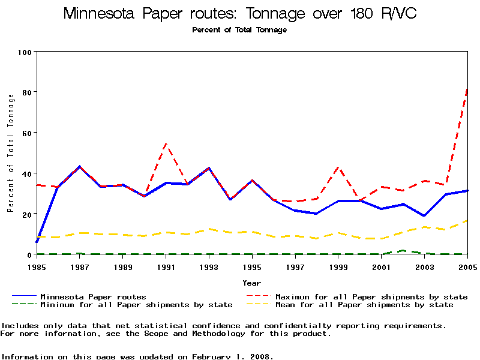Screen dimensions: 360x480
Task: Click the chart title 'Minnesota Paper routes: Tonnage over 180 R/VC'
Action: tap(239, 14)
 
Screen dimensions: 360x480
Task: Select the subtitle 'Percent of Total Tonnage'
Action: tap(239, 30)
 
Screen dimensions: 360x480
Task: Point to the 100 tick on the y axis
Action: tap(24, 52)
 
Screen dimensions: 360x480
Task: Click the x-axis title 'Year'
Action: tap(252, 282)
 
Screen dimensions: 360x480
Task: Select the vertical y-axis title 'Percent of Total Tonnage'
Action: tap(10, 153)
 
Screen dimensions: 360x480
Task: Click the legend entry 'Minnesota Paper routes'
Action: tap(93, 296)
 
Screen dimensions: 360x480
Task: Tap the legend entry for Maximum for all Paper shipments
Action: tap(371, 296)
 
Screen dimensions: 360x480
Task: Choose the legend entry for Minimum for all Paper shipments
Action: tap(136, 305)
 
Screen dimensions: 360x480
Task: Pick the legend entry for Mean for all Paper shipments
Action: tap(364, 305)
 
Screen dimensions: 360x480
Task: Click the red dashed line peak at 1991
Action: tap(166, 144)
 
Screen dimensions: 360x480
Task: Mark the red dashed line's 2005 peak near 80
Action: tap(467, 89)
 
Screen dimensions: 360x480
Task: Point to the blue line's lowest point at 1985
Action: tap(37, 242)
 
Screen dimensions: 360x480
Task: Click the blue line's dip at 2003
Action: tap(424, 216)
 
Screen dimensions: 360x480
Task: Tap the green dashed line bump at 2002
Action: tap(403, 250)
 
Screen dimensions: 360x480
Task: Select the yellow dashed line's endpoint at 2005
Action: tap(467, 221)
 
